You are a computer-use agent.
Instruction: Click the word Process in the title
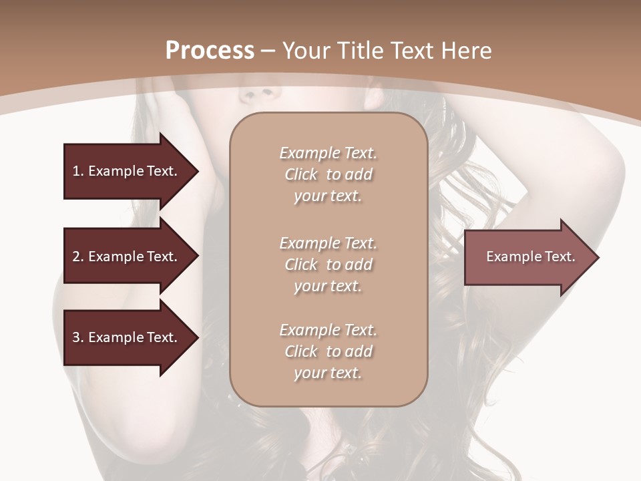coord(210,51)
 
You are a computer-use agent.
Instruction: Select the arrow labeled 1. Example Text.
coord(127,171)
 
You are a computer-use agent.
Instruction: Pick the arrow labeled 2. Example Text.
coord(127,257)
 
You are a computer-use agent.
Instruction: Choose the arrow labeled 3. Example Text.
coord(127,337)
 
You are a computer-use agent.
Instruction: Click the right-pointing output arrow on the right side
coord(527,257)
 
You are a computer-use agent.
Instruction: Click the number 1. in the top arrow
coord(78,171)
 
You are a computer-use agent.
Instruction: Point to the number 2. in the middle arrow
coord(78,257)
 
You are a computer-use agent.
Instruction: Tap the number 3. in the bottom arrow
coord(78,337)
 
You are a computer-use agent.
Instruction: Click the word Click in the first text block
coord(301,174)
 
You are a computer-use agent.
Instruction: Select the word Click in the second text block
coord(301,265)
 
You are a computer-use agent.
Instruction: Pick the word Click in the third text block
coord(301,351)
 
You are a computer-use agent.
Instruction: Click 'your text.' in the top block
coord(328,196)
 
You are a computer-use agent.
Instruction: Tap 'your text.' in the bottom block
coord(328,373)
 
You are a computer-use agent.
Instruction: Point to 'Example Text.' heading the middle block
coord(328,243)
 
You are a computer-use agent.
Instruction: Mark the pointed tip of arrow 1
coord(197,172)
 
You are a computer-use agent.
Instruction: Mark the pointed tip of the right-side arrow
coord(598,257)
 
